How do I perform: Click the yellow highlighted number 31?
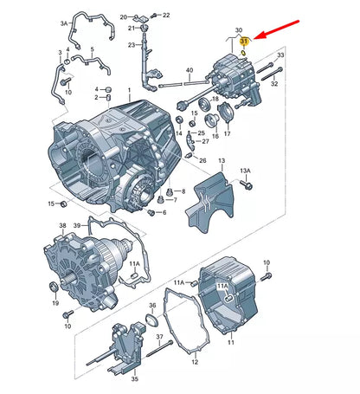pyautogui.click(x=244, y=42)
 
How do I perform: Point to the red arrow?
pyautogui.click(x=277, y=29)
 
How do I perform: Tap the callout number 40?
pyautogui.click(x=190, y=70)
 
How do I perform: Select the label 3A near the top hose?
pyautogui.click(x=64, y=23)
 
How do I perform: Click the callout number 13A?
pyautogui.click(x=245, y=171)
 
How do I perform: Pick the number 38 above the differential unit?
pyautogui.click(x=62, y=225)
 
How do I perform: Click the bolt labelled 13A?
pyautogui.click(x=247, y=184)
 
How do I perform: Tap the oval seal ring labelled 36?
pyautogui.click(x=152, y=320)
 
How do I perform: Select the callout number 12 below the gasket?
pyautogui.click(x=195, y=362)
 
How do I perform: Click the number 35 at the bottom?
pyautogui.click(x=135, y=379)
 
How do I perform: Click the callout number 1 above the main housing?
pyautogui.click(x=129, y=90)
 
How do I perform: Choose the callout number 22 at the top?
pyautogui.click(x=166, y=15)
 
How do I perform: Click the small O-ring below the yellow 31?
pyautogui.click(x=243, y=52)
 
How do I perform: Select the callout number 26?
pyautogui.click(x=202, y=160)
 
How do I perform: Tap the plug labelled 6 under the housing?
pyautogui.click(x=151, y=212)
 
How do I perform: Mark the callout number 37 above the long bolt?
pyautogui.click(x=159, y=337)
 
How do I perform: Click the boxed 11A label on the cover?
pyautogui.click(x=222, y=286)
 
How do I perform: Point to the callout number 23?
pyautogui.click(x=132, y=45)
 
